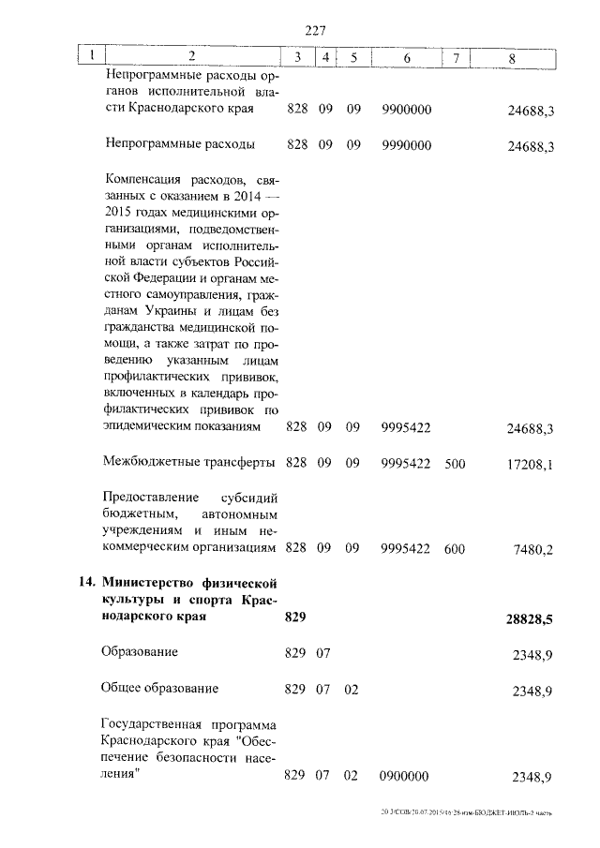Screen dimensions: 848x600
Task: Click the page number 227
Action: click(x=315, y=30)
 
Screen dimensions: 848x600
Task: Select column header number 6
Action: click(x=406, y=58)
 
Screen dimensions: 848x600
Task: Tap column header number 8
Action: click(x=511, y=58)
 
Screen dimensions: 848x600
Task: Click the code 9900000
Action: click(x=407, y=111)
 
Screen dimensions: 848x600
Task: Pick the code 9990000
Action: click(x=407, y=146)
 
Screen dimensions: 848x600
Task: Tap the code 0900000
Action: click(x=405, y=778)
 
